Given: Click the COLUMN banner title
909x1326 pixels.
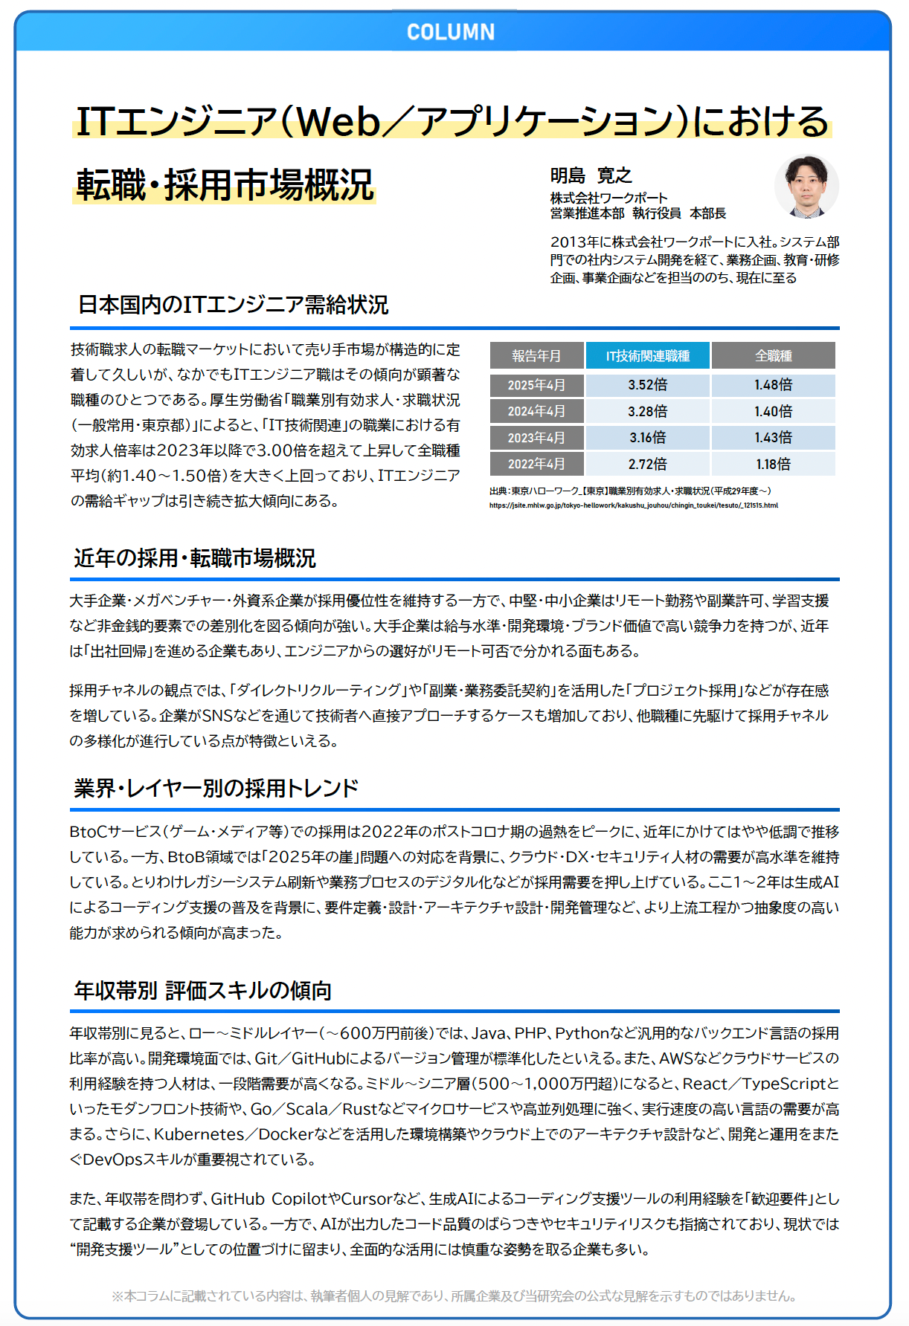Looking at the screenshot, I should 451,32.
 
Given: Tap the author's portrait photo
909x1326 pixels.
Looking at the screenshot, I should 806,187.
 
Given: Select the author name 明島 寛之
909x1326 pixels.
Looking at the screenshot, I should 591,176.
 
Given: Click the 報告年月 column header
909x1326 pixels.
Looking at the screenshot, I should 536,356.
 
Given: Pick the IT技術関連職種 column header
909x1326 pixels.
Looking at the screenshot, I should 648,356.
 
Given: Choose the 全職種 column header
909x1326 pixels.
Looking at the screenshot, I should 774,356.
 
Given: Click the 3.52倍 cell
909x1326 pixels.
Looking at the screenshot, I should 648,385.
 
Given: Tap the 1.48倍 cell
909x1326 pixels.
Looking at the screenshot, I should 774,385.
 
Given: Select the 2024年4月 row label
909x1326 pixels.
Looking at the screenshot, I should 536,411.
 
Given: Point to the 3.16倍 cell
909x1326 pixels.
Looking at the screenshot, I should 648,438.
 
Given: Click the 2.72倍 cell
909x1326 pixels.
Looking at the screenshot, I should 648,465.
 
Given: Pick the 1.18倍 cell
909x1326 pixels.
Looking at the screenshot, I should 774,465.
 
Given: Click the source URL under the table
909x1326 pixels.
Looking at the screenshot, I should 634,505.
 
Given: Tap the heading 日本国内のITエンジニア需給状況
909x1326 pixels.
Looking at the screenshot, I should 234,305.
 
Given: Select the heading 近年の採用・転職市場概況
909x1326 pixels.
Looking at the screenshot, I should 195,558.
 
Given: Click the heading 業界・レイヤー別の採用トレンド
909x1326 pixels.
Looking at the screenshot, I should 216,789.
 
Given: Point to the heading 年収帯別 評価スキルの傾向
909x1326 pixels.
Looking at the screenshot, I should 203,991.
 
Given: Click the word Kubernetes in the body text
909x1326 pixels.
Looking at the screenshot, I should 199,1134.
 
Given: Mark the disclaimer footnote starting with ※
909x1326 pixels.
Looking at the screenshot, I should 454,1296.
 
